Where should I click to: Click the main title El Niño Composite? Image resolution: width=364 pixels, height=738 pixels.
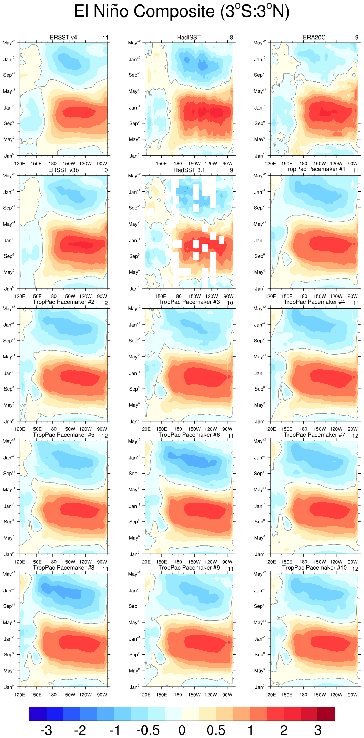182,12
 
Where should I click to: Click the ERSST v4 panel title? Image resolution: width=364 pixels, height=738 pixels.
63,37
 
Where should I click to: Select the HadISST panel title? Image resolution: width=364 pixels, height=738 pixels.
189,37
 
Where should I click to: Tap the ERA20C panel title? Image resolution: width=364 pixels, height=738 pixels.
314,37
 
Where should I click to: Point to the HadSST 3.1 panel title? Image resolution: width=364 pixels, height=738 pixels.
189,170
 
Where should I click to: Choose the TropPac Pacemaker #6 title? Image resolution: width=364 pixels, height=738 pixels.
189,435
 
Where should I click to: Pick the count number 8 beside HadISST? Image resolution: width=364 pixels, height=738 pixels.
231,38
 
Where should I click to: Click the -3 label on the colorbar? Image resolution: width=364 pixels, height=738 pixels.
46,730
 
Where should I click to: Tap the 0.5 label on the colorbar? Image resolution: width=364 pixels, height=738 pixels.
216,730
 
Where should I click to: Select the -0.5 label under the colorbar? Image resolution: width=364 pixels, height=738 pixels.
148,730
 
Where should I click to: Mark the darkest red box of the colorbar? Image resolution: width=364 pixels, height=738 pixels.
326,714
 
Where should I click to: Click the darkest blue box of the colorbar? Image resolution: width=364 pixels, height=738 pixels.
38,714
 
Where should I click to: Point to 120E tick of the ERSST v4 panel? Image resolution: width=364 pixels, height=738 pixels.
20,164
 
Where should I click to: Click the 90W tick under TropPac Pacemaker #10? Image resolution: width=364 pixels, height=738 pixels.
353,695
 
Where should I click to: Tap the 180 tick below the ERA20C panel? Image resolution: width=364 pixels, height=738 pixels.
303,164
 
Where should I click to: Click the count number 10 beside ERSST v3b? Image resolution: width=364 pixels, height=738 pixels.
104,170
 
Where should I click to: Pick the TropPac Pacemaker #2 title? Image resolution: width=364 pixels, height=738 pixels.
63,302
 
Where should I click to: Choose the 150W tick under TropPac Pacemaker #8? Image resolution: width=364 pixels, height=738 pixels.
69,695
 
